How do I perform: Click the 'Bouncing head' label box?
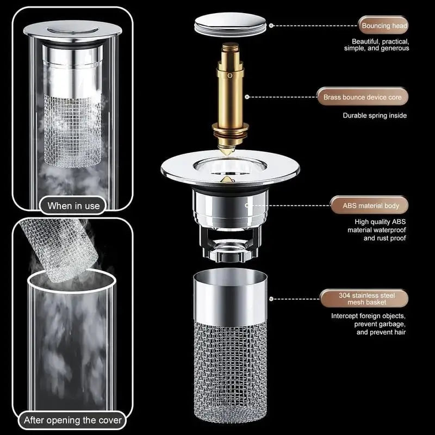click(383, 25)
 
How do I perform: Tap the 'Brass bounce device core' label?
click(362, 97)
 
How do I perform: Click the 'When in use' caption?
click(73, 206)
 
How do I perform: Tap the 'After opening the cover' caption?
click(73, 420)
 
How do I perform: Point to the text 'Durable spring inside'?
click(374, 115)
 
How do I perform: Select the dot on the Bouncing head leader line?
click(272, 25)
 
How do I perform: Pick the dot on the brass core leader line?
click(247, 97)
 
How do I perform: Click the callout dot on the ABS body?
click(247, 206)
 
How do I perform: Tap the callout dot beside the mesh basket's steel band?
click(272, 299)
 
